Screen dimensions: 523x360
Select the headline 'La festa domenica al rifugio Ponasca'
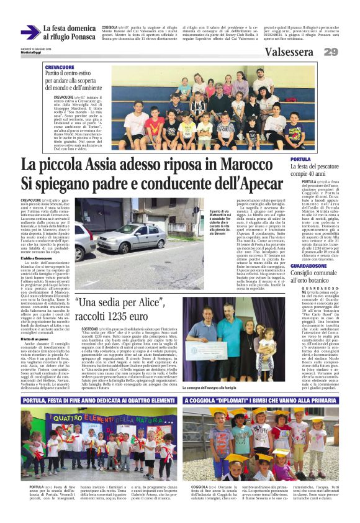pyautogui.click(x=69, y=32)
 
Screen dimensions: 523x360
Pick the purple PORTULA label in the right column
pyautogui.click(x=301, y=160)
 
